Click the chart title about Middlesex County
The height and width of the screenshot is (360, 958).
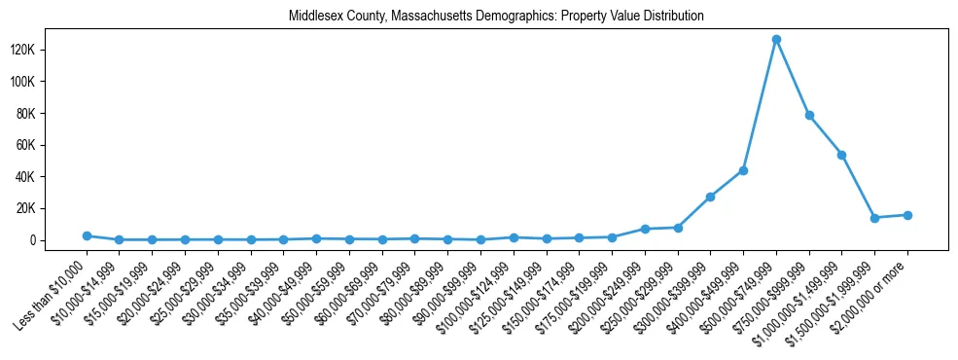(x=496, y=17)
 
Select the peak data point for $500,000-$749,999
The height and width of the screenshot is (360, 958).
(x=776, y=40)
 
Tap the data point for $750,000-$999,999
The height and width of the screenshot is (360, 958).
(x=809, y=116)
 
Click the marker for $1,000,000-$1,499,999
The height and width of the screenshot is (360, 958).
(x=841, y=155)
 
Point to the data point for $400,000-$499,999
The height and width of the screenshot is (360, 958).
(x=743, y=170)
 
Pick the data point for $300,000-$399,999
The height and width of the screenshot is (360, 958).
(x=710, y=197)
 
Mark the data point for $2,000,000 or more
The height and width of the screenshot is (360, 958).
(x=907, y=215)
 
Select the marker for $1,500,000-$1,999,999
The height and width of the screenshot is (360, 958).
(x=874, y=218)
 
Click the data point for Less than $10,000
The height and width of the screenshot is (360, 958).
(x=87, y=235)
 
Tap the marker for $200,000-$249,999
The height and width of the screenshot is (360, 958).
(x=645, y=229)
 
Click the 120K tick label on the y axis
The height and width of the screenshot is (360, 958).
(x=49, y=50)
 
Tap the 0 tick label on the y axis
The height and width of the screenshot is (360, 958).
(x=59, y=240)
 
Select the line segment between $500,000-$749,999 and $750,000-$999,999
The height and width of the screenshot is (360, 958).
(x=793, y=78)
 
